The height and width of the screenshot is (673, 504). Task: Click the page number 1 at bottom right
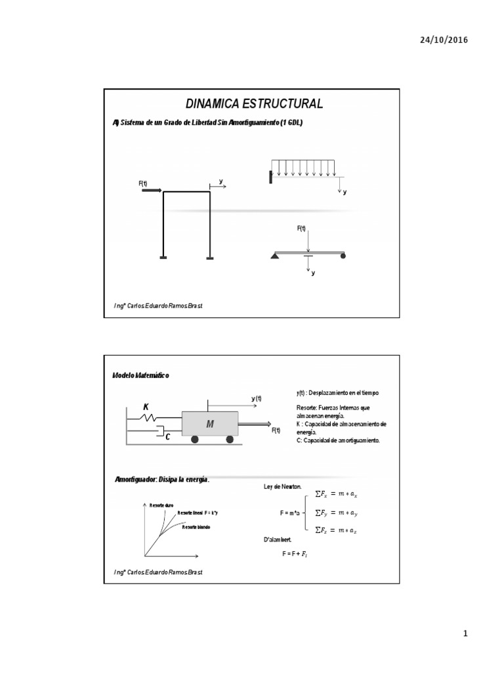[x=465, y=634]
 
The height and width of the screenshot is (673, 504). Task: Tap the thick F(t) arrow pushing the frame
[x=152, y=191]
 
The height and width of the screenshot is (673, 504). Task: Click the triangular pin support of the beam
[x=274, y=255]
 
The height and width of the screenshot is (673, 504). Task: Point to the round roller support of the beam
[x=343, y=255]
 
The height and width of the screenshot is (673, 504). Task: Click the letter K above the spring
[x=147, y=406]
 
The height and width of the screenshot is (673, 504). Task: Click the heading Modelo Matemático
[x=141, y=375]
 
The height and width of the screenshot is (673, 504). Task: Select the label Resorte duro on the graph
[x=161, y=505]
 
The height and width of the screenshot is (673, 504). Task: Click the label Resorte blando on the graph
[x=198, y=527]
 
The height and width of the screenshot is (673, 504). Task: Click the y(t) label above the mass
[x=256, y=398]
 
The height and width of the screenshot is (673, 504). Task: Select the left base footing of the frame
[x=163, y=258]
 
